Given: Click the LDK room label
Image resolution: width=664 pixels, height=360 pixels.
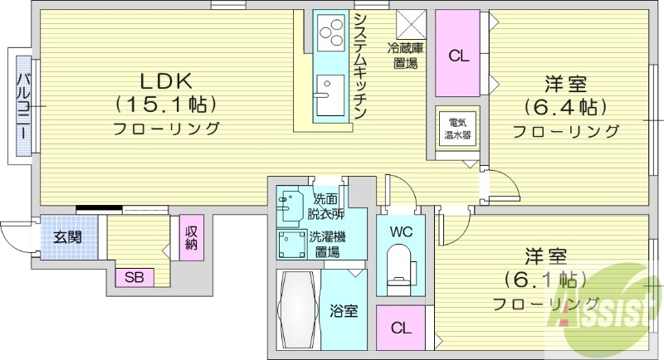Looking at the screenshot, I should pos(166,80).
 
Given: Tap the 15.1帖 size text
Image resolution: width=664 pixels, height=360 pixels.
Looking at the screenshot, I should pos(166,105).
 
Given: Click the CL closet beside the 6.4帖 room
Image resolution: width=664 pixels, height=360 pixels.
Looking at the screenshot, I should pos(458,56).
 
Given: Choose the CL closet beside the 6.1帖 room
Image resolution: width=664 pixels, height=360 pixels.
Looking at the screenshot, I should pos(402,328).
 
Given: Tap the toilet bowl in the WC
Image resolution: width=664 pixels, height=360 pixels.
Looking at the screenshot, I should pos(400,267).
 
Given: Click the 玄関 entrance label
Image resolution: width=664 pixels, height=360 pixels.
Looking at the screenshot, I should pos(67,236).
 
